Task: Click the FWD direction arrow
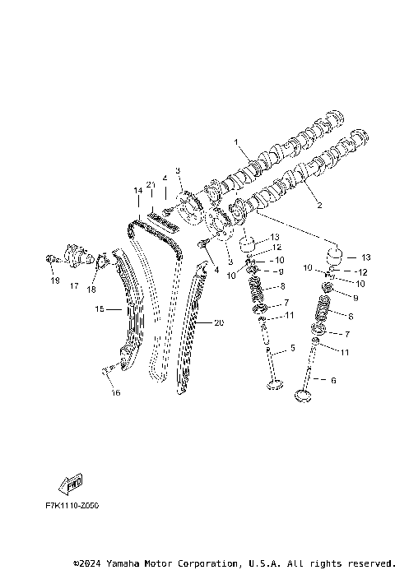point(71,484)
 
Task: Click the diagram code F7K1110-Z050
point(72,506)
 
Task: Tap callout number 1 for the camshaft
point(236,141)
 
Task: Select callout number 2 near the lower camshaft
point(319,205)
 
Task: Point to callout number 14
point(138,190)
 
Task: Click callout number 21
point(151,184)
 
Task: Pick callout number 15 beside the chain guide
point(100,309)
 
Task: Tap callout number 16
point(116,392)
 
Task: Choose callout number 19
point(55,280)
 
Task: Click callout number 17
point(74,286)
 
